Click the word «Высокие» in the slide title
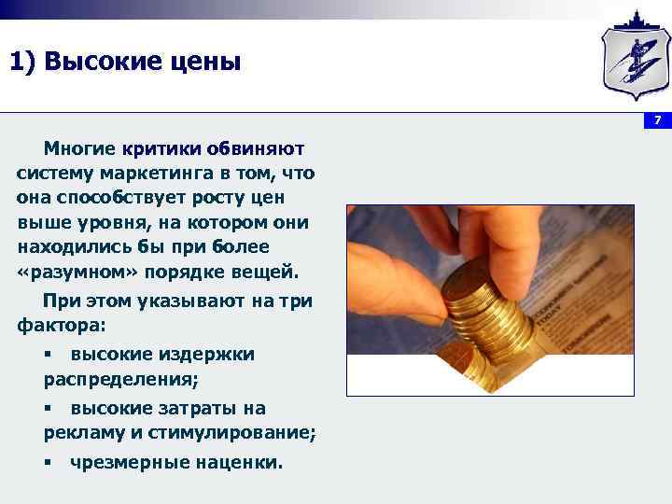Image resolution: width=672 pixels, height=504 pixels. [x=97, y=63]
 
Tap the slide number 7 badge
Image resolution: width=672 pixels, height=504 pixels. [x=657, y=120]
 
